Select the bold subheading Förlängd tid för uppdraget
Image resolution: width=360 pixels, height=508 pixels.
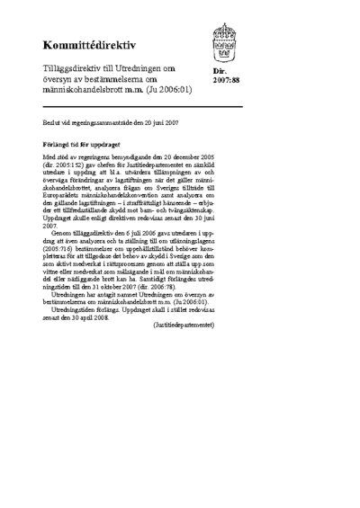click(82, 142)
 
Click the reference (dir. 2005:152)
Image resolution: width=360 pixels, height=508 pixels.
click(66, 165)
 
